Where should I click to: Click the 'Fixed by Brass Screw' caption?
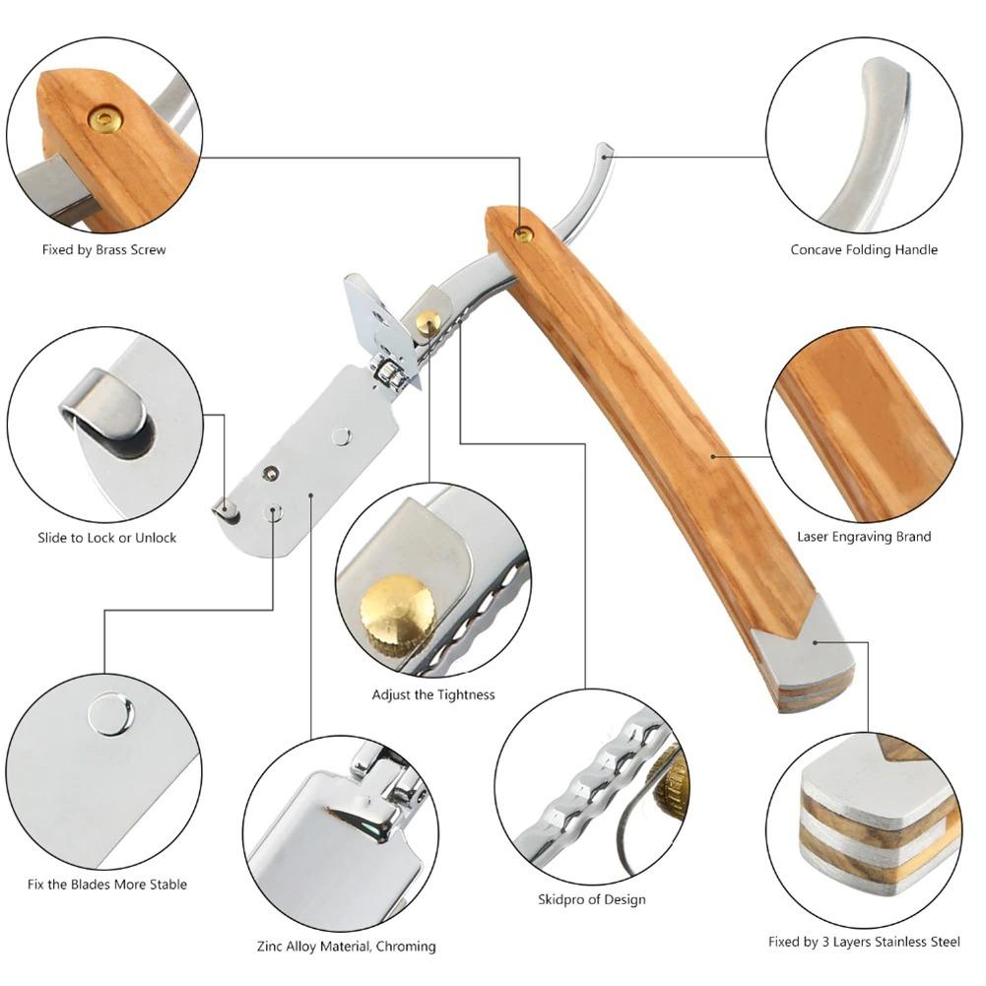pyautogui.click(x=103, y=250)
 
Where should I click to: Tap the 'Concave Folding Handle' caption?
pyautogui.click(x=864, y=250)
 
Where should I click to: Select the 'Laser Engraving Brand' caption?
pyautogui.click(x=864, y=537)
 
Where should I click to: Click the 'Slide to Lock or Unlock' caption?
pyautogui.click(x=107, y=538)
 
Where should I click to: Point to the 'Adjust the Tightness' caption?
pyautogui.click(x=433, y=694)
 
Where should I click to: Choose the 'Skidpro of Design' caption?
pyautogui.click(x=592, y=899)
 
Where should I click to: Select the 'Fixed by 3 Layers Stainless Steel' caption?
pyautogui.click(x=864, y=942)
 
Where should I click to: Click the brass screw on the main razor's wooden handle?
pyautogui.click(x=525, y=233)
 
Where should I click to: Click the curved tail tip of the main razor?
pyautogui.click(x=603, y=152)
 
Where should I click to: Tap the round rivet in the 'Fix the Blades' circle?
pyautogui.click(x=110, y=714)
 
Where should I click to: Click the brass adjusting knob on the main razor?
pyautogui.click(x=428, y=321)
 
